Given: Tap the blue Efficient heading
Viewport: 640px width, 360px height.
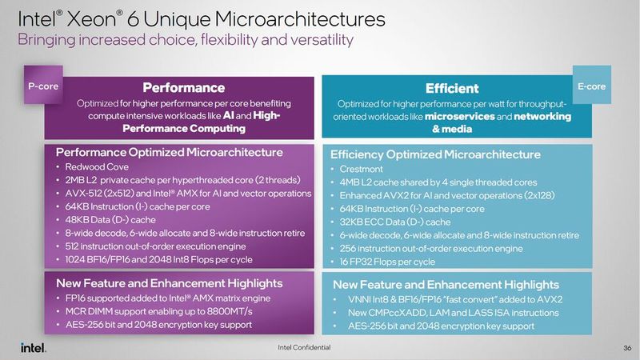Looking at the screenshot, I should pyautogui.click(x=452, y=88).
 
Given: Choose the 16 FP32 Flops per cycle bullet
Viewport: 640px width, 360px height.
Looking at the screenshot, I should pyautogui.click(x=387, y=262).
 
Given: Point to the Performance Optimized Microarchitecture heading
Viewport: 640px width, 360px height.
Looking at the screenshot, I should pyautogui.click(x=168, y=151).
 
